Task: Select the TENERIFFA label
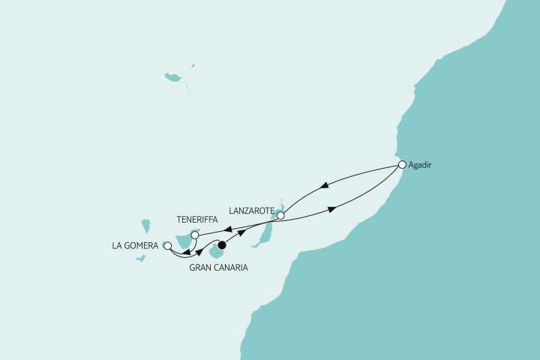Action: (x=196, y=220)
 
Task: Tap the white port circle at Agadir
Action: (x=402, y=165)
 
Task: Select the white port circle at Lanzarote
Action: (x=280, y=216)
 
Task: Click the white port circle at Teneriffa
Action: (x=194, y=235)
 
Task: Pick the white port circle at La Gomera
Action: (x=167, y=245)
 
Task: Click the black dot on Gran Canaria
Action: (x=221, y=244)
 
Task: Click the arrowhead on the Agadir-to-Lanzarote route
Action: (x=323, y=186)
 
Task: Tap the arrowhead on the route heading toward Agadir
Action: (x=331, y=209)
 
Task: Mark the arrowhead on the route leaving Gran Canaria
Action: (x=241, y=232)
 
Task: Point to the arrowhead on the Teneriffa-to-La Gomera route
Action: (x=185, y=253)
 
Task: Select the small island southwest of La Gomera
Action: (x=140, y=259)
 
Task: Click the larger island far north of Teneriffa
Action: (x=173, y=77)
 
